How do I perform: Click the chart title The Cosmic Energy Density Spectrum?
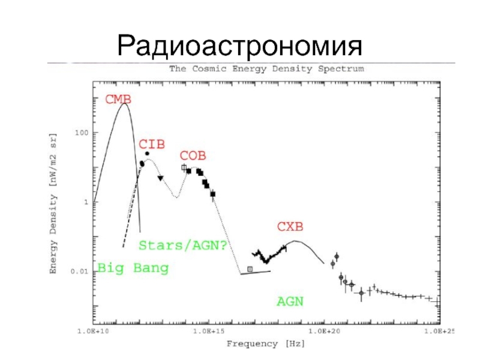coord(266,69)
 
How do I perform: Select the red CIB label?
coord(151,144)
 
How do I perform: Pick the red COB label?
coord(193,156)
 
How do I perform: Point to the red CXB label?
coord(290,227)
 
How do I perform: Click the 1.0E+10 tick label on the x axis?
coord(93,331)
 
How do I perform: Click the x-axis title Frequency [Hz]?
coord(265,344)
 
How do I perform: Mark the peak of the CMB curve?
coord(124,104)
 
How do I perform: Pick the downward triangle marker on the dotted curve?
coord(160,178)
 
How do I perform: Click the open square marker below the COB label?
coord(184,167)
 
